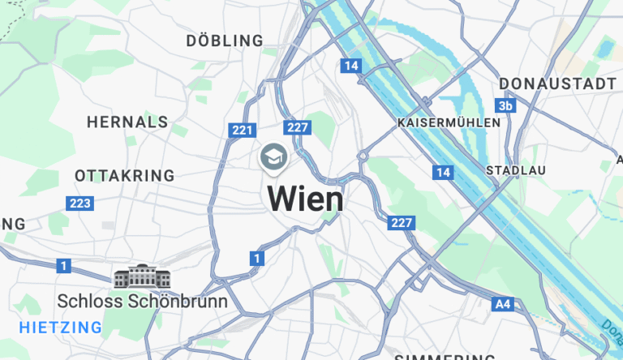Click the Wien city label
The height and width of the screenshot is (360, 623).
point(305,199)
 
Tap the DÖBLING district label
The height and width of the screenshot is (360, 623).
point(225,41)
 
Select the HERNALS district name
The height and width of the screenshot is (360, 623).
point(127,122)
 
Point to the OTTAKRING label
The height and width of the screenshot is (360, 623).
point(124,175)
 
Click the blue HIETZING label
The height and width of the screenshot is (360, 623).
point(61,328)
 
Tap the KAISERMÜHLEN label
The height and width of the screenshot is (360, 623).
point(449,122)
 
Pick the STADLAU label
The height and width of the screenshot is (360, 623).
point(515,170)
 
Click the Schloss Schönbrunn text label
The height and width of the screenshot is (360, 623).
point(142,301)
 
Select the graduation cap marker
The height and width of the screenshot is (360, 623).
point(273,156)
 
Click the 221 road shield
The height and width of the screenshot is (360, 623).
point(243,130)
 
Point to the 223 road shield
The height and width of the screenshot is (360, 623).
point(80,204)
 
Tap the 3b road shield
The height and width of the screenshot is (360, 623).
point(506,106)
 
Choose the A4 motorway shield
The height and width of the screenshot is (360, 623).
point(503,305)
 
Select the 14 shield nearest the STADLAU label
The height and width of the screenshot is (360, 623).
point(443,172)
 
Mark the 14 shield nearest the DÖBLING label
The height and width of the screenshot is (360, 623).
point(350,66)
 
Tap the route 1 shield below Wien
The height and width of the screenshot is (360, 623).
point(256,259)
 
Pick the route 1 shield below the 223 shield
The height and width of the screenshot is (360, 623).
point(64,265)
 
